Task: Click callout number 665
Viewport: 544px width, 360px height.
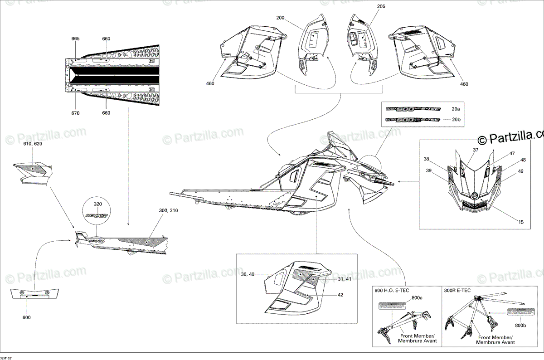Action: click(x=75, y=39)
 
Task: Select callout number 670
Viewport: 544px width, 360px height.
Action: click(x=75, y=113)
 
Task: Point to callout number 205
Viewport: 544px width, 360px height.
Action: click(x=380, y=7)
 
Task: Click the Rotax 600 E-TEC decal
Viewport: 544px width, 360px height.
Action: click(x=412, y=109)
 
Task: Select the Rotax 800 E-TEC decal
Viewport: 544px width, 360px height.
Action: click(x=412, y=120)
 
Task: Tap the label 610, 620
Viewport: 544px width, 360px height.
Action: click(x=32, y=143)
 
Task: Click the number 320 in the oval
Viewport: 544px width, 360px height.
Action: click(x=98, y=204)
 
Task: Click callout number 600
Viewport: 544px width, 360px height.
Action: click(x=27, y=317)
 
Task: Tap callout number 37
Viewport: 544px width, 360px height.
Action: click(x=476, y=150)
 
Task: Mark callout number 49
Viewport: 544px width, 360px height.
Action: click(x=520, y=171)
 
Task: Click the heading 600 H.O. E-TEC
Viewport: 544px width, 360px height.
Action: click(x=393, y=291)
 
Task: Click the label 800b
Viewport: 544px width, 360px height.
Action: click(x=520, y=325)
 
